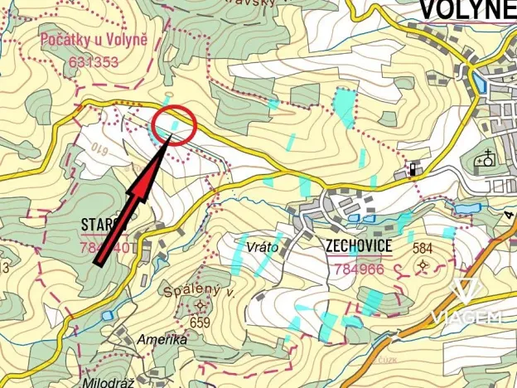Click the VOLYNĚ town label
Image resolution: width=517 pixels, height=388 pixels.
click(467, 10)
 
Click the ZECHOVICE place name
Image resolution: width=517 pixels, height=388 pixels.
click(359, 246)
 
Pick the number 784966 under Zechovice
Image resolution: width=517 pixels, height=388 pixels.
click(358, 269)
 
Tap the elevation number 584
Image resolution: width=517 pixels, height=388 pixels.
click(423, 248)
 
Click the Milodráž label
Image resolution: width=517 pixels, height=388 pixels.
click(103, 381)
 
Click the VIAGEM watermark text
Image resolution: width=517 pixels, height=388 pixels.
click(466, 318)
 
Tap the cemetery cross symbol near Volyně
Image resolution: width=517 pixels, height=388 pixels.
click(485, 158)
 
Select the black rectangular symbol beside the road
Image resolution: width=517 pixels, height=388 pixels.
click(412, 172)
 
